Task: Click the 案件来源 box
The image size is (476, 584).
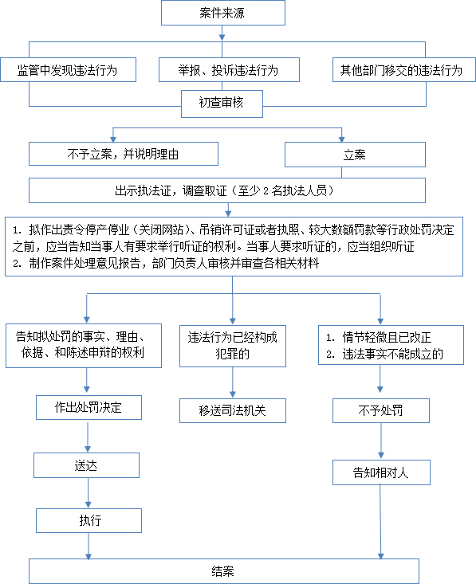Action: click(223, 13)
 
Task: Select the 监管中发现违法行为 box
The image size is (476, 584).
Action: click(69, 69)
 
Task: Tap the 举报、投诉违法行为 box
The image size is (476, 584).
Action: click(229, 69)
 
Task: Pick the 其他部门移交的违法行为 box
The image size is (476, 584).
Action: click(404, 69)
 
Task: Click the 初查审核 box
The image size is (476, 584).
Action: click(222, 104)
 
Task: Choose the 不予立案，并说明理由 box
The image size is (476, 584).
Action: click(124, 154)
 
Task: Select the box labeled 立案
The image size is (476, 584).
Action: click(355, 155)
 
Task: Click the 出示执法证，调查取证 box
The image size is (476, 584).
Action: click(227, 190)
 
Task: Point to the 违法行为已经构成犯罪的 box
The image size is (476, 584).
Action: click(233, 347)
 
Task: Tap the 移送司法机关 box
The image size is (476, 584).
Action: click(233, 411)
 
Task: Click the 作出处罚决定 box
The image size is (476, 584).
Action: click(89, 407)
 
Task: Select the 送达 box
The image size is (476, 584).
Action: click(86, 465)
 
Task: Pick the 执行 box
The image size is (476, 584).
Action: click(89, 521)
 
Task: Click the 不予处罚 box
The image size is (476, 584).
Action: click(381, 411)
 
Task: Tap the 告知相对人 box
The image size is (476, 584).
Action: click(381, 472)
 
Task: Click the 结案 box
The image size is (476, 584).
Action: click(224, 571)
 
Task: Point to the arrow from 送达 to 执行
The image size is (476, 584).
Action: click(88, 493)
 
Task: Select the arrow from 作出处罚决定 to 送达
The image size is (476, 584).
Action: click(88, 436)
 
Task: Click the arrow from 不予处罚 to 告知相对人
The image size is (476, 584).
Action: click(381, 441)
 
